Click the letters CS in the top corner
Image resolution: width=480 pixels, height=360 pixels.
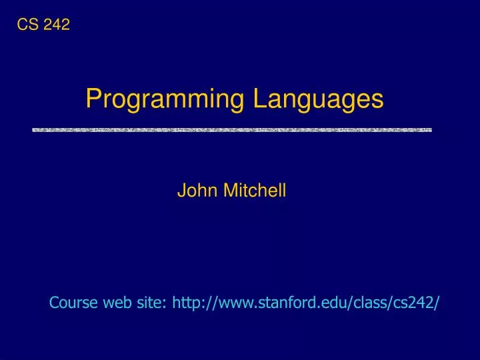click(x=26, y=25)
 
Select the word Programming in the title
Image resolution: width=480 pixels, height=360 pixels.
click(x=163, y=100)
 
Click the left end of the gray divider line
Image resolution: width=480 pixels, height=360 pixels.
click(x=35, y=130)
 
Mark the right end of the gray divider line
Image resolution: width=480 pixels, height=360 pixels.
click(x=430, y=130)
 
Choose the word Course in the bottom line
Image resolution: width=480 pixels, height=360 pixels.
click(x=74, y=303)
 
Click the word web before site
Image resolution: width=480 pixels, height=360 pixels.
click(x=118, y=303)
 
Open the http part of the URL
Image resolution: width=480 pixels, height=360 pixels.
click(x=187, y=303)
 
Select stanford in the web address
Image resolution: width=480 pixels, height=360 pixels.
click(x=284, y=303)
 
